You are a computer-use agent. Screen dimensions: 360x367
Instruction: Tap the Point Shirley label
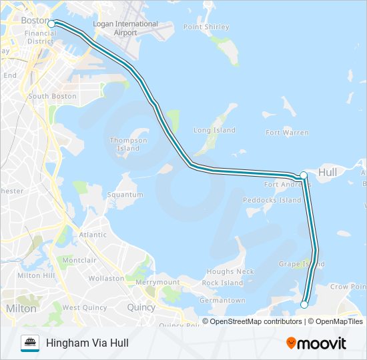point(206,27)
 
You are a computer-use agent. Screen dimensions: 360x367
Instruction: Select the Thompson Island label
point(129,144)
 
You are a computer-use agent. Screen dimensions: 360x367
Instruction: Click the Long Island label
point(214,131)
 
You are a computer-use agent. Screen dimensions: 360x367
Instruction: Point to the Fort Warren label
point(287,133)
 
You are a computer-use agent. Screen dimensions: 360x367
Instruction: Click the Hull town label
point(328,173)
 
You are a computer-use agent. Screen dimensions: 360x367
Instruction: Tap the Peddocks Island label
point(272,200)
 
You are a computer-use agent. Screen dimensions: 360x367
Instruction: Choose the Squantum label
point(125,195)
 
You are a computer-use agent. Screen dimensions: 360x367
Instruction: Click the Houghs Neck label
point(230,272)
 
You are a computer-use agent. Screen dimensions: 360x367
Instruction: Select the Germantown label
point(222,301)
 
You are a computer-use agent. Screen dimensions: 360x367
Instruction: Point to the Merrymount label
point(158,283)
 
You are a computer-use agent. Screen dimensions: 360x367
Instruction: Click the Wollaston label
point(106,278)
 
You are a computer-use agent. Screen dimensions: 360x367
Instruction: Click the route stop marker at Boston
point(51,23)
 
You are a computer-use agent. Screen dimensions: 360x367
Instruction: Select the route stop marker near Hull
point(304,175)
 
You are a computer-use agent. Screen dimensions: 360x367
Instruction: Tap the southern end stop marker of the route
point(304,305)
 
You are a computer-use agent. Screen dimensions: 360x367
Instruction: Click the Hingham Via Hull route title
point(87,343)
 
